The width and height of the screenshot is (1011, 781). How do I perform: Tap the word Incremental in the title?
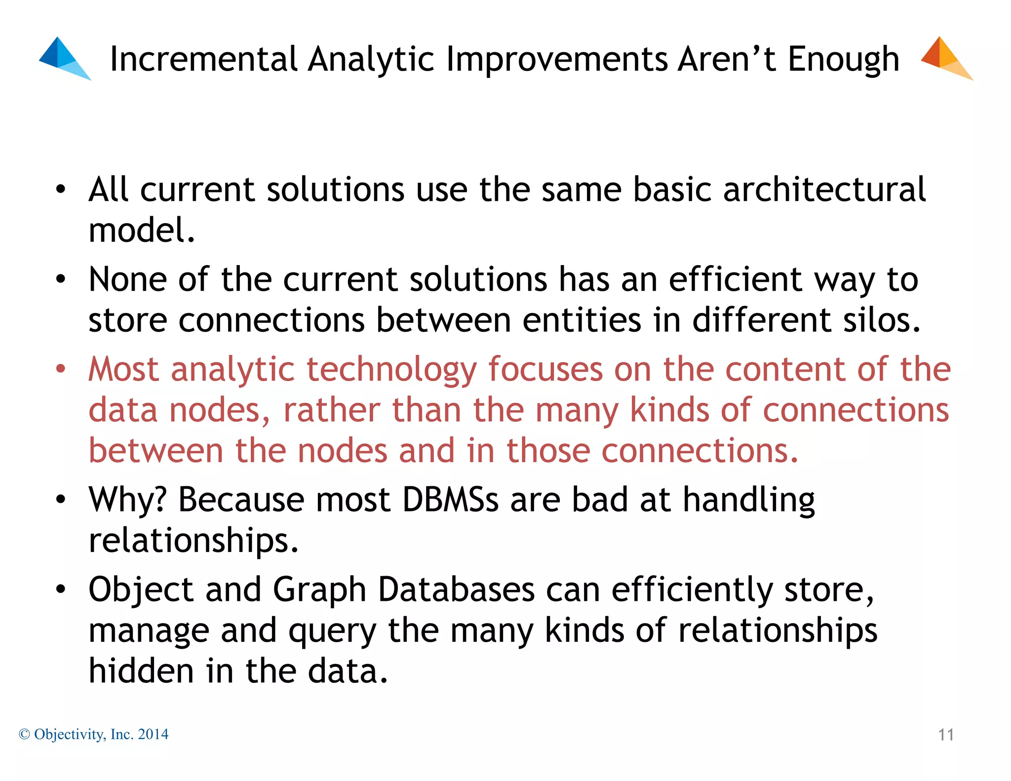coord(202,59)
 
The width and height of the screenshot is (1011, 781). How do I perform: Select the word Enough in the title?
coord(843,59)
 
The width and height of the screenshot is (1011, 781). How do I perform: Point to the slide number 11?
coord(945,735)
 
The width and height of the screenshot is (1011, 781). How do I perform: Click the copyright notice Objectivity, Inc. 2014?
coord(94,734)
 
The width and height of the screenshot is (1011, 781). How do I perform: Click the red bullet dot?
coord(60,369)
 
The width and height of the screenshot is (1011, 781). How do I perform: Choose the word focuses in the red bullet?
coord(545,370)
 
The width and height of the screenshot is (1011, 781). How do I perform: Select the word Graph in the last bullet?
coord(319,590)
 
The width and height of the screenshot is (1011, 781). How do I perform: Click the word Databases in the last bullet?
coord(456,589)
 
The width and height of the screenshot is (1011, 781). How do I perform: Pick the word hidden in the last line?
coord(141,671)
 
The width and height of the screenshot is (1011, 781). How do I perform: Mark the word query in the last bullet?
coord(332,631)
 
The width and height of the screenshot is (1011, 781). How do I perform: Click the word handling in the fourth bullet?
coord(748,500)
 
